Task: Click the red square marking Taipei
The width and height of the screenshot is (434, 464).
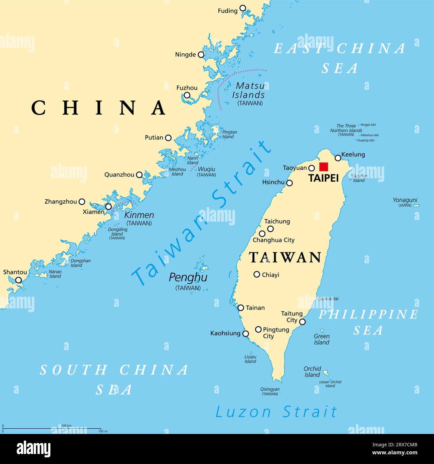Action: point(323,167)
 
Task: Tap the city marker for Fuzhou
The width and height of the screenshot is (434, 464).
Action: point(187,95)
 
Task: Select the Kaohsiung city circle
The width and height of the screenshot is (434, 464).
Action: point(246,333)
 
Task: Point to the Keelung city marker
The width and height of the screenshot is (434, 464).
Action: point(338,158)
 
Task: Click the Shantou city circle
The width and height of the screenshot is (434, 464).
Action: point(19,280)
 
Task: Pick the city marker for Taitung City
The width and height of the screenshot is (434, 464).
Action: point(302,322)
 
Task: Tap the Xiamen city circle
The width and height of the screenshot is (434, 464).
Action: point(108,207)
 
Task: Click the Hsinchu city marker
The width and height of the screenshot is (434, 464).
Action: point(289,183)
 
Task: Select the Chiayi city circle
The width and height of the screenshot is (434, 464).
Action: point(257,274)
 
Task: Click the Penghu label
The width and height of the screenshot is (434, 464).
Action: point(188,277)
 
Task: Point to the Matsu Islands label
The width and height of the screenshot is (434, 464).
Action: point(249,90)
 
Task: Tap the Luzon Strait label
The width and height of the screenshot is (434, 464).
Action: point(276,412)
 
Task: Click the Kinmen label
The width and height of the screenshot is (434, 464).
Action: point(139,215)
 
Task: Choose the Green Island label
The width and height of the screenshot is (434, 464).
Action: point(321,339)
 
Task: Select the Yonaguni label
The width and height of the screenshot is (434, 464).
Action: point(405,200)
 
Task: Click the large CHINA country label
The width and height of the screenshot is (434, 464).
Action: point(99,108)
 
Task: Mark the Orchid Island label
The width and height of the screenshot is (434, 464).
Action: point(312,372)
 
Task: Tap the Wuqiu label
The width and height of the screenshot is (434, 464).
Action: point(206,169)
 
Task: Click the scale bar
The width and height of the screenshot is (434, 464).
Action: point(52,428)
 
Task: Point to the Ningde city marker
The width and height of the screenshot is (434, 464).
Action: point(201,55)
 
